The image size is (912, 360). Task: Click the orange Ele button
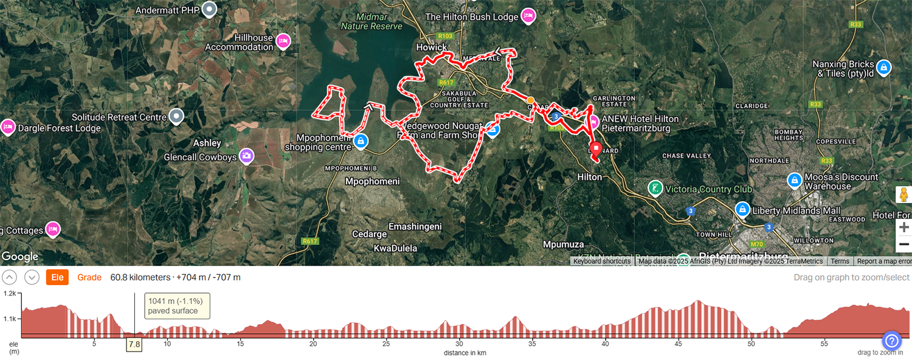click(57, 277)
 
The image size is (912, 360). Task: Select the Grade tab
click(89, 277)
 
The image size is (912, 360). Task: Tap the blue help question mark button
click(891, 341)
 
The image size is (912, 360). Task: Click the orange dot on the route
click(530, 100)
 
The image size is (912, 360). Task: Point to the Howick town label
click(432, 47)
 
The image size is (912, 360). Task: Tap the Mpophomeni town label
click(372, 181)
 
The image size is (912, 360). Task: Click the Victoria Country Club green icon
click(655, 189)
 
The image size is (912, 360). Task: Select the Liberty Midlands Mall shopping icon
click(742, 210)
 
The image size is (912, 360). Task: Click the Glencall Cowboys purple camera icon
click(246, 156)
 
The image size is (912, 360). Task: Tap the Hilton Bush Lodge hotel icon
click(528, 16)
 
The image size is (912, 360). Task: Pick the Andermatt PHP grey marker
click(210, 10)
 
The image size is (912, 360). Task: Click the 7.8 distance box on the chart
click(134, 344)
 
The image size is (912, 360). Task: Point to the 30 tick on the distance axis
click(459, 344)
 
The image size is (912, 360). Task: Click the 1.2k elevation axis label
click(10, 294)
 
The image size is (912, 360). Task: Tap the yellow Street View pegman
click(903, 195)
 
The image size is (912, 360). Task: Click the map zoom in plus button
click(904, 227)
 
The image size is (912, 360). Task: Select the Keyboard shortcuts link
click(602, 261)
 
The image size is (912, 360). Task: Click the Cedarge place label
click(370, 234)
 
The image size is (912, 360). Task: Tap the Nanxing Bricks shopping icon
click(884, 67)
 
